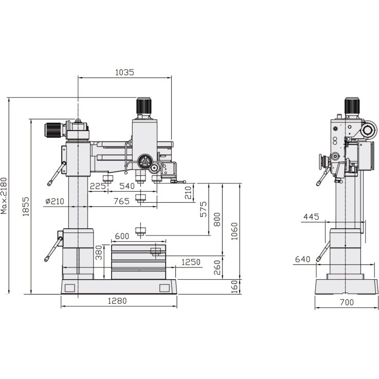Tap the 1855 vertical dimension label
tap(26, 207)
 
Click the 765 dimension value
tap(121, 201)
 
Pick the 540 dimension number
tap(127, 186)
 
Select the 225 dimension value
tap(98, 186)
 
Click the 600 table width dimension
tap(122, 236)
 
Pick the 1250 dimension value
tap(191, 262)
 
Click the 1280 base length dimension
tap(118, 301)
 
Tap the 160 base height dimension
tap(235, 286)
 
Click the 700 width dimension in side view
tap(347, 302)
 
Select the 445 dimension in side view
tap(312, 217)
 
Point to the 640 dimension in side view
tap(303, 259)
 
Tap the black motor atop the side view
tap(352, 106)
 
